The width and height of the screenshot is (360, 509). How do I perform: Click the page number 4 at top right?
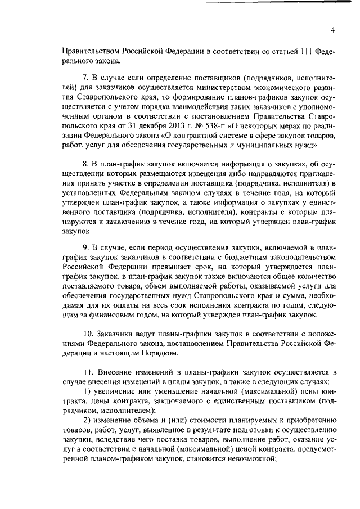pos(332,30)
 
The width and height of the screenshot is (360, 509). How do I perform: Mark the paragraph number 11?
pos(88,373)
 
